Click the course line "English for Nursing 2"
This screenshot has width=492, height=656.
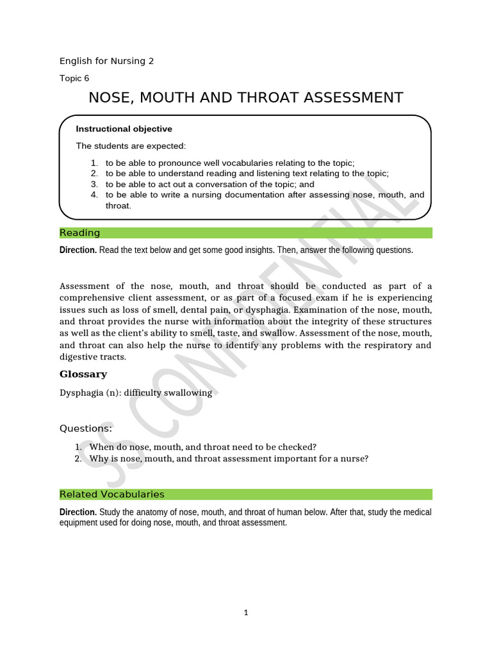click(106, 61)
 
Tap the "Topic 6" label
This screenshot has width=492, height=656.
click(74, 78)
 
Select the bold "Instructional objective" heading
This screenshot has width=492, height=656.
click(124, 129)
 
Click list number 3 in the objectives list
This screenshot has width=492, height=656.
click(94, 184)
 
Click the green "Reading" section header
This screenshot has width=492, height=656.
click(79, 233)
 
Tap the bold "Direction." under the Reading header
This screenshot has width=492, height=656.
click(78, 250)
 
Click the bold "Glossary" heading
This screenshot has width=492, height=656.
click(83, 374)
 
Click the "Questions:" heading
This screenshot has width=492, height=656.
click(86, 428)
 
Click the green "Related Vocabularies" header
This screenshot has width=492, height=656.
click(111, 494)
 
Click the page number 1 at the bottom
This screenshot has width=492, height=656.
click(245, 612)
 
